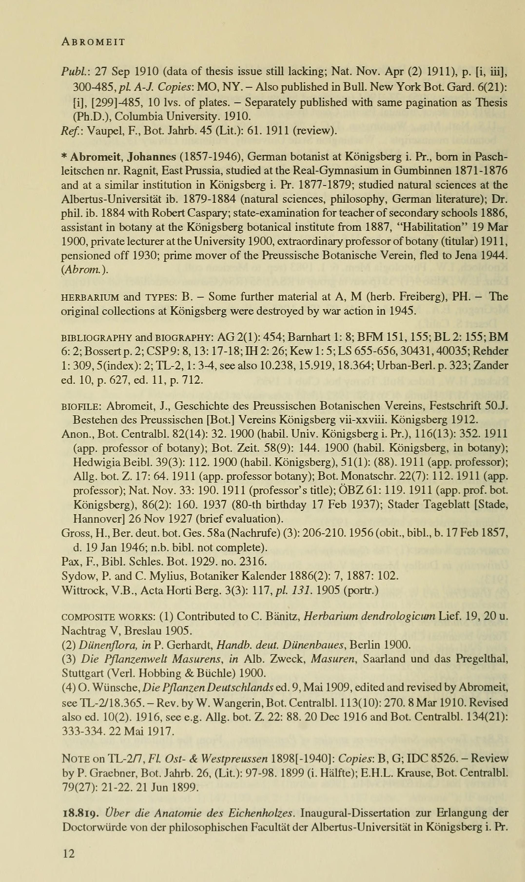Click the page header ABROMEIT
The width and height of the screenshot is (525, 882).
click(93, 42)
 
